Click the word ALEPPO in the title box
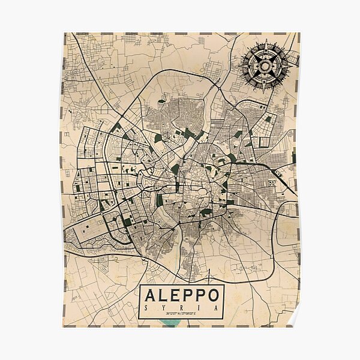coord(182,298)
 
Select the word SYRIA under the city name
coord(182,309)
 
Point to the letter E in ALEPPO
coord(175,298)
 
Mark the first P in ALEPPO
coord(188,298)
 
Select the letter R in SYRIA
coord(182,309)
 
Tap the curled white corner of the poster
coord(293,319)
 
